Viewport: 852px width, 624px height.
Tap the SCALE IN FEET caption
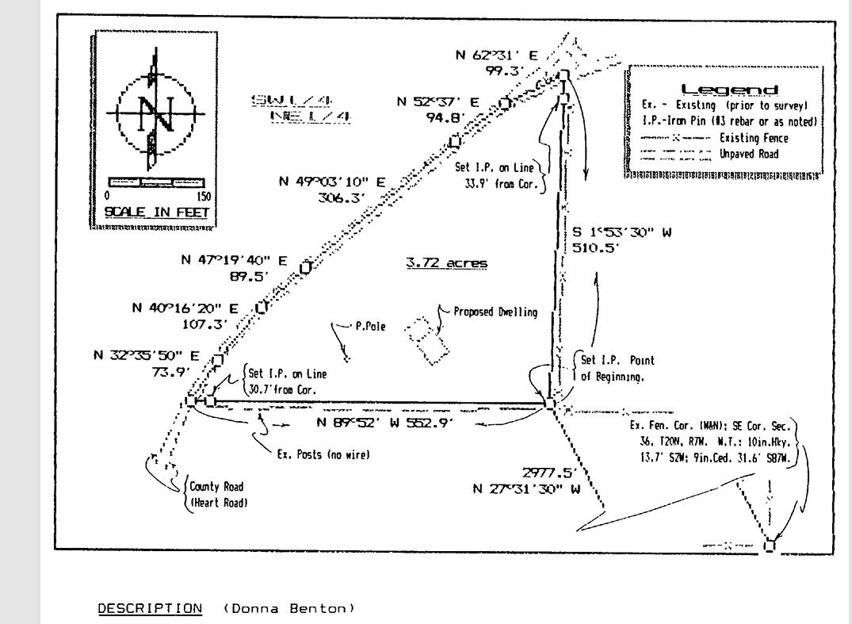click(156, 212)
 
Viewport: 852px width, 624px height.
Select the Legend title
click(729, 90)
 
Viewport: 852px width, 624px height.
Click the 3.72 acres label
click(447, 263)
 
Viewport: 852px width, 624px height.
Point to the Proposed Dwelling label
click(495, 312)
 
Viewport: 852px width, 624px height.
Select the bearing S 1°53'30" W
click(622, 232)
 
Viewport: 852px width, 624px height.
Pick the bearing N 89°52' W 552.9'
click(385, 423)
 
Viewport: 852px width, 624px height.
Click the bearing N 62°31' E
click(496, 56)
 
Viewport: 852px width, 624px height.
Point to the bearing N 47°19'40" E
click(231, 259)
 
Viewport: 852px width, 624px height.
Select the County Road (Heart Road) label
click(216, 494)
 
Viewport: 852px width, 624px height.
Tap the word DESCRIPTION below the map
click(150, 608)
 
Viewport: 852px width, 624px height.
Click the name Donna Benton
click(288, 608)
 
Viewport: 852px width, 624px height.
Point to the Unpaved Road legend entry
click(754, 154)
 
